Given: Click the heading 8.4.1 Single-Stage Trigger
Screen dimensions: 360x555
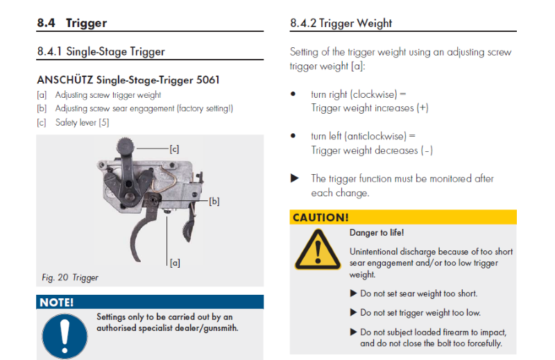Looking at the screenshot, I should click(x=101, y=51).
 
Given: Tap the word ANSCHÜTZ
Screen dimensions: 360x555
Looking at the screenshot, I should click(x=65, y=80).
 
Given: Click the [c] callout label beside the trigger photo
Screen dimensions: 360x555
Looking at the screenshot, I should click(x=174, y=148).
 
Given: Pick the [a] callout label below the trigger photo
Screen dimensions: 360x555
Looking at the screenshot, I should click(x=175, y=263).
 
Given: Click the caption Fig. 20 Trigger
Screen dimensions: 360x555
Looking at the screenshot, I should click(x=70, y=277).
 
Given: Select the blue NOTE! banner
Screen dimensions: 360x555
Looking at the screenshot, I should click(x=150, y=302).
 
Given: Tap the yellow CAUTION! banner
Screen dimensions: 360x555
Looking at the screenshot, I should click(x=403, y=217).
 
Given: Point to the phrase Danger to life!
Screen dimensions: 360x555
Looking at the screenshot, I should click(x=377, y=233).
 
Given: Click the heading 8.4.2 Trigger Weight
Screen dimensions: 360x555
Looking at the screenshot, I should click(x=341, y=23).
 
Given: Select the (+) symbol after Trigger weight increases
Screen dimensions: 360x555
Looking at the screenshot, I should click(x=422, y=108).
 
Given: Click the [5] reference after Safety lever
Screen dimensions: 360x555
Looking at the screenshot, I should click(x=103, y=123).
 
